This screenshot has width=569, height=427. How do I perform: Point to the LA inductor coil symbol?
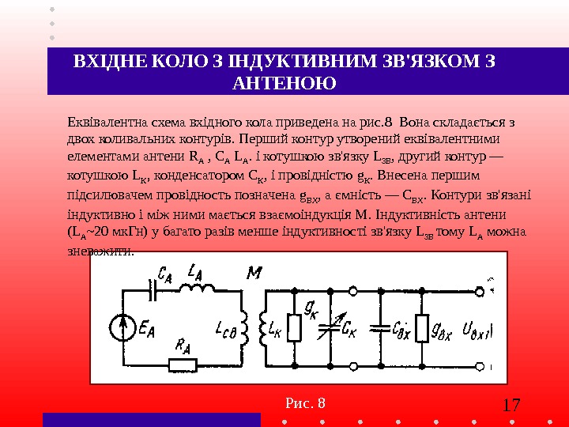pos(196,289)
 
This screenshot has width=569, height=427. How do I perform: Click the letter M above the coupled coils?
pos(254,274)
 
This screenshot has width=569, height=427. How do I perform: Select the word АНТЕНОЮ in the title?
pos(284,83)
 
